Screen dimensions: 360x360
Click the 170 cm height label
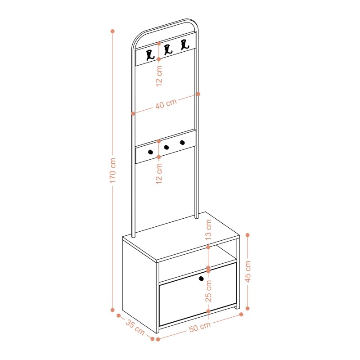pyautogui.click(x=113, y=170)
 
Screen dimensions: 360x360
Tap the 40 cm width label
pyautogui.click(x=166, y=104)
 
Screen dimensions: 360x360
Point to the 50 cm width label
pyautogui.click(x=199, y=327)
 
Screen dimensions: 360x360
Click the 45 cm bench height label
pyautogui.click(x=248, y=271)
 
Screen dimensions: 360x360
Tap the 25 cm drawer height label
pyautogui.click(x=208, y=291)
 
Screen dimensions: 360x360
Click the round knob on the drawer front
pyautogui.click(x=201, y=279)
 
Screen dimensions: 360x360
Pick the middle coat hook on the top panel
pyautogui.click(x=168, y=49)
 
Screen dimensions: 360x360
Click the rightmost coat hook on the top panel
pyautogui.click(x=183, y=45)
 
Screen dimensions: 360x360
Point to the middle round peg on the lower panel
pyautogui.click(x=166, y=147)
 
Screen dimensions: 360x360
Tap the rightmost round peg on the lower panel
pyautogui.click(x=182, y=143)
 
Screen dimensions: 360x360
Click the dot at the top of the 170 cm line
pyautogui.click(x=112, y=31)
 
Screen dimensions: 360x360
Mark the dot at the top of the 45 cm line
pyautogui.click(x=248, y=235)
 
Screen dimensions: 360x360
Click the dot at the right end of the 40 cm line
pyautogui.click(x=198, y=94)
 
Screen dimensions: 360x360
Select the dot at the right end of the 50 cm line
pyautogui.click(x=241, y=314)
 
